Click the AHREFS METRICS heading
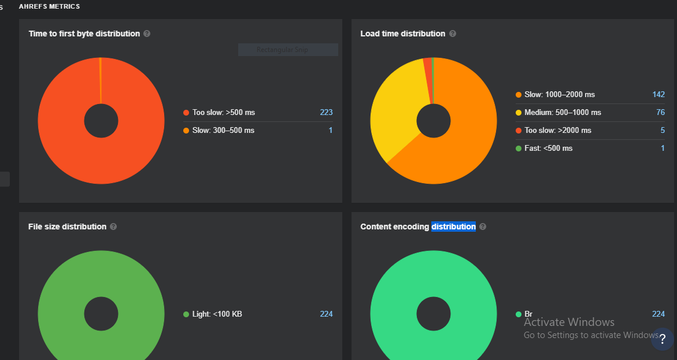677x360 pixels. click(x=49, y=6)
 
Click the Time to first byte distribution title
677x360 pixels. click(x=84, y=34)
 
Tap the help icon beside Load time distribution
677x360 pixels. click(x=453, y=34)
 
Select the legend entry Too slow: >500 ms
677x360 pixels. click(x=223, y=113)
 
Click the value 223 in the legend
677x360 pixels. click(x=326, y=113)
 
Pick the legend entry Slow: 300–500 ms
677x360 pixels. click(x=223, y=131)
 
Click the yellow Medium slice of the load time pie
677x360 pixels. click(x=393, y=116)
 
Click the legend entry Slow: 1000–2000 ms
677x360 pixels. click(x=558, y=95)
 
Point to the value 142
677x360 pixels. click(x=658, y=95)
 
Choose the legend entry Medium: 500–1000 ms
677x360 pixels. click(x=562, y=113)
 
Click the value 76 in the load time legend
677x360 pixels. click(x=660, y=113)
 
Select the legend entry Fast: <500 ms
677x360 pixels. click(x=547, y=149)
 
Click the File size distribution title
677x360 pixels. click(x=67, y=227)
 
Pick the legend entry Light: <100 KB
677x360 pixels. click(x=216, y=314)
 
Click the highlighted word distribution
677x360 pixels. click(x=453, y=227)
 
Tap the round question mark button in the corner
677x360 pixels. click(x=662, y=339)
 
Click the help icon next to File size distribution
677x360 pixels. click(x=113, y=227)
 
